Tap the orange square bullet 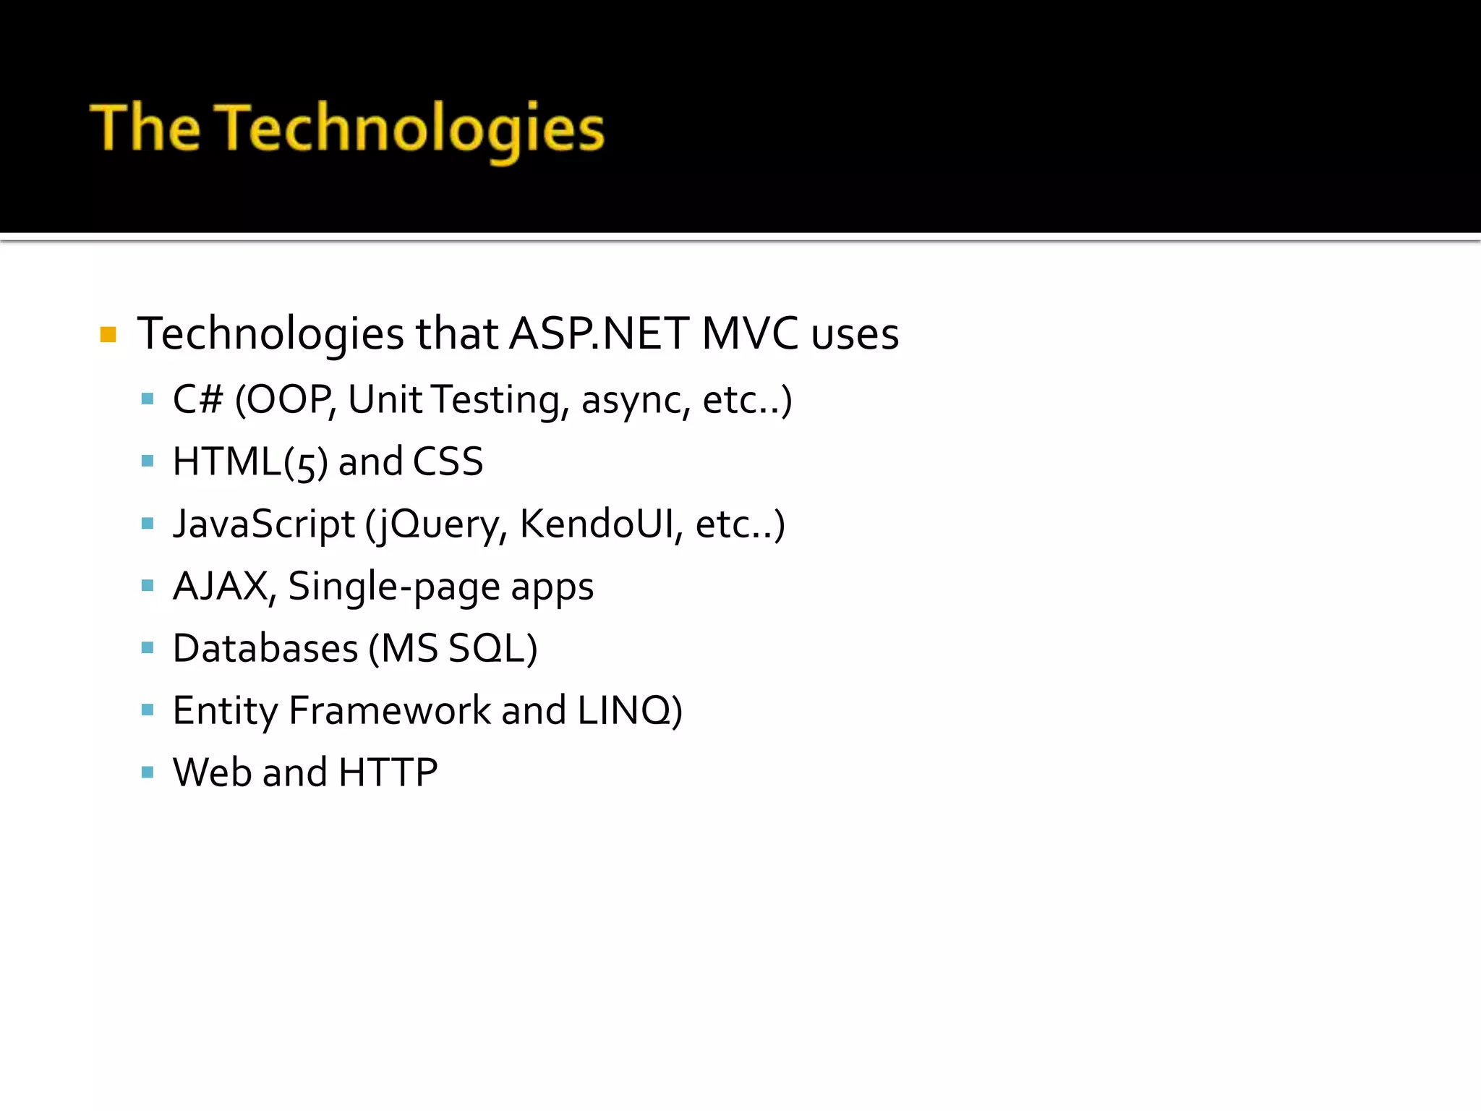(x=108, y=334)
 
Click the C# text (x=197, y=399)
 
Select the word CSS (x=448, y=462)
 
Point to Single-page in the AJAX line (x=393, y=587)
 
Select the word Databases (x=265, y=648)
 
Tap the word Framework (x=390, y=710)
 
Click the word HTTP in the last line (x=388, y=772)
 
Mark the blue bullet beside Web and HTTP (x=148, y=772)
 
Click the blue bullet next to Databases (x=148, y=648)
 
